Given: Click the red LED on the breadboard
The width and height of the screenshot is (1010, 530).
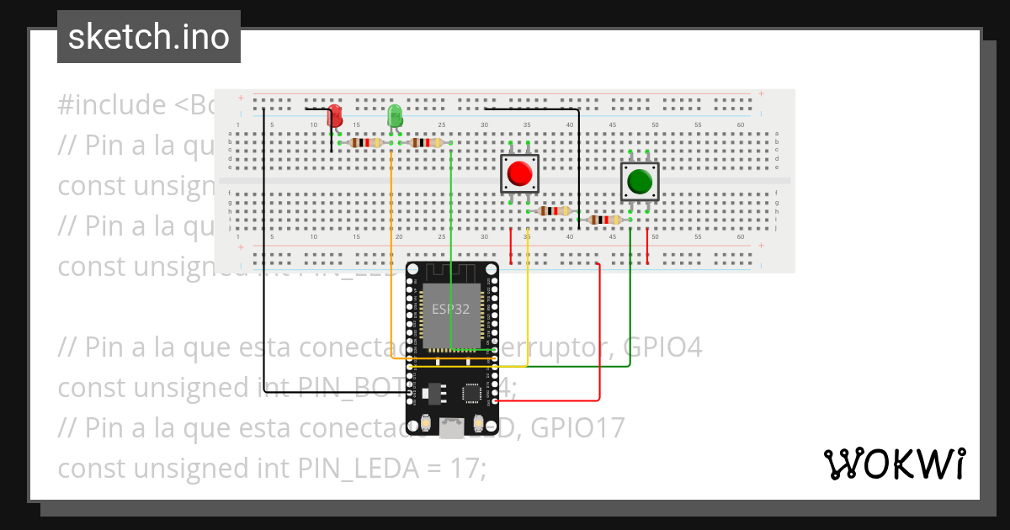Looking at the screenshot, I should (335, 116).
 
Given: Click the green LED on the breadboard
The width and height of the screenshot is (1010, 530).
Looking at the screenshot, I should (394, 116).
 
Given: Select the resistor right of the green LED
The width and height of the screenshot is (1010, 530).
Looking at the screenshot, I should (424, 143).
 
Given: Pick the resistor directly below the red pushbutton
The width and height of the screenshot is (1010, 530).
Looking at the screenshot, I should (552, 211).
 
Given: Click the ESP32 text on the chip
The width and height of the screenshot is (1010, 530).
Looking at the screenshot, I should (451, 309).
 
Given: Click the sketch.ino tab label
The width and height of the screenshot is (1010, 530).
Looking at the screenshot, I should (149, 37).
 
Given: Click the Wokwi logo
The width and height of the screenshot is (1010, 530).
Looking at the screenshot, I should (893, 464).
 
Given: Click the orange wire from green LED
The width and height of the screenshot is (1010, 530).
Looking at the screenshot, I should (392, 252).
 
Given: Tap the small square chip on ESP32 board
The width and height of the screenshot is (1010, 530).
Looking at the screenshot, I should (472, 393).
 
